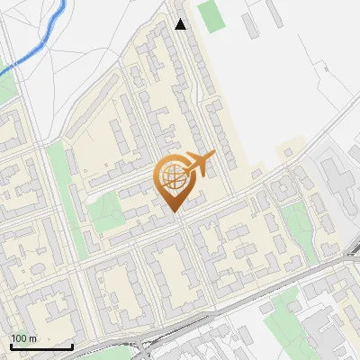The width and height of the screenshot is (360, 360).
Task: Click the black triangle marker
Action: coord(181,24)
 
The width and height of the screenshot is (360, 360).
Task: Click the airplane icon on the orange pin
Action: coord(200,164)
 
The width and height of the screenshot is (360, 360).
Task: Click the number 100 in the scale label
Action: coord(18,337)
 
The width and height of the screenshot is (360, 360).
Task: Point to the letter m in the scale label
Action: coord(32,337)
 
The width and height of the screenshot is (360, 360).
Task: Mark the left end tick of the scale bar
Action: coord(11,346)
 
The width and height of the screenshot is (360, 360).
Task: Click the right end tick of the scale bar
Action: coord(73,346)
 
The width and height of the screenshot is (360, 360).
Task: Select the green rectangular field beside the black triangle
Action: coord(211,16)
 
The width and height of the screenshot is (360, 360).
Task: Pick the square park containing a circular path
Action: coord(105,211)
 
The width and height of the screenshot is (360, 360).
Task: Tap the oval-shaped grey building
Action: coord(279,189)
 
